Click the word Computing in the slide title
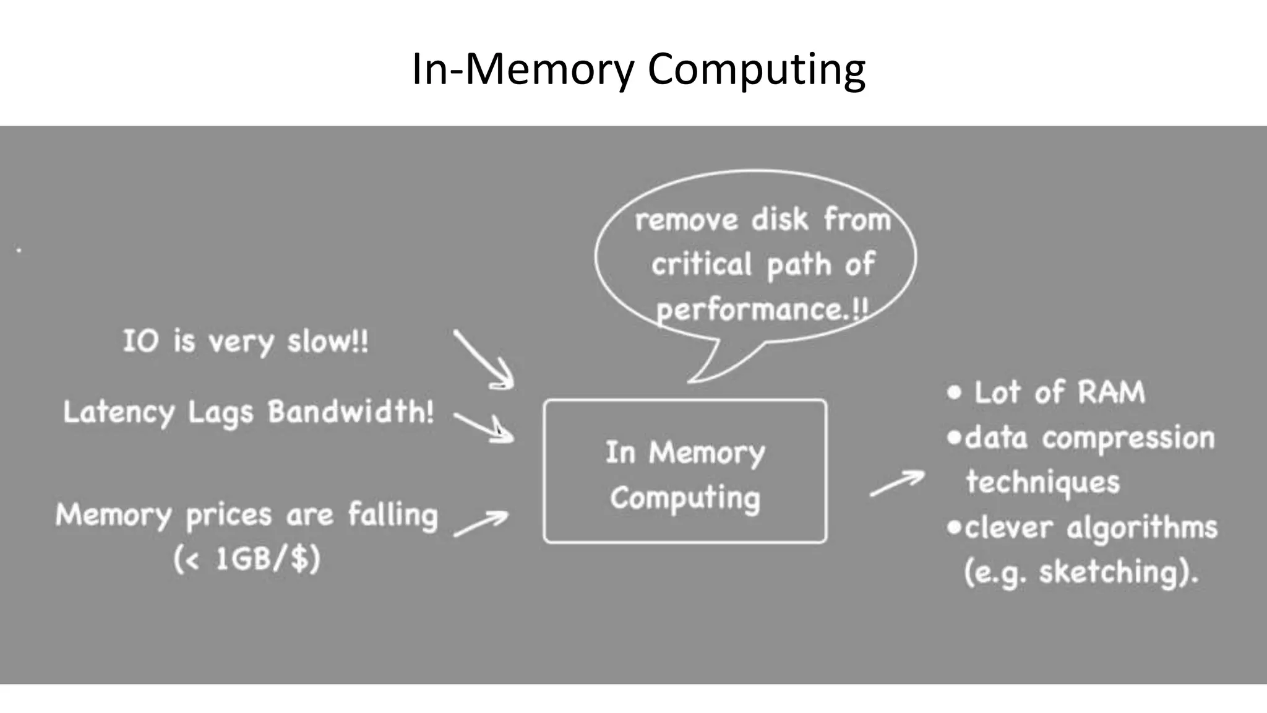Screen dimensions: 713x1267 (756, 69)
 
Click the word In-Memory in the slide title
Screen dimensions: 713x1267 (523, 69)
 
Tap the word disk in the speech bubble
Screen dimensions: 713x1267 (780, 220)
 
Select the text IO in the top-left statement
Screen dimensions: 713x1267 (140, 341)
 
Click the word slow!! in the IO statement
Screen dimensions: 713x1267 (327, 342)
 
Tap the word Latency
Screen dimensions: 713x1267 (119, 412)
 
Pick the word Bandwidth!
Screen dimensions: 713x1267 (350, 411)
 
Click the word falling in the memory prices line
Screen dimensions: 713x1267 (393, 515)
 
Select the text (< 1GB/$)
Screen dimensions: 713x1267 (246, 559)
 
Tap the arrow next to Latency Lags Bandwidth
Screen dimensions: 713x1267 (484, 426)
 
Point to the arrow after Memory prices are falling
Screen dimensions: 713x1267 (481, 523)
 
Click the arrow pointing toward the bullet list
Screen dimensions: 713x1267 (897, 483)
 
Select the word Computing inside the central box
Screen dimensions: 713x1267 (685, 498)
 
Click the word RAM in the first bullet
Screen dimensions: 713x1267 (1111, 392)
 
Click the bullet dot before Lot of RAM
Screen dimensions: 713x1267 (954, 392)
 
